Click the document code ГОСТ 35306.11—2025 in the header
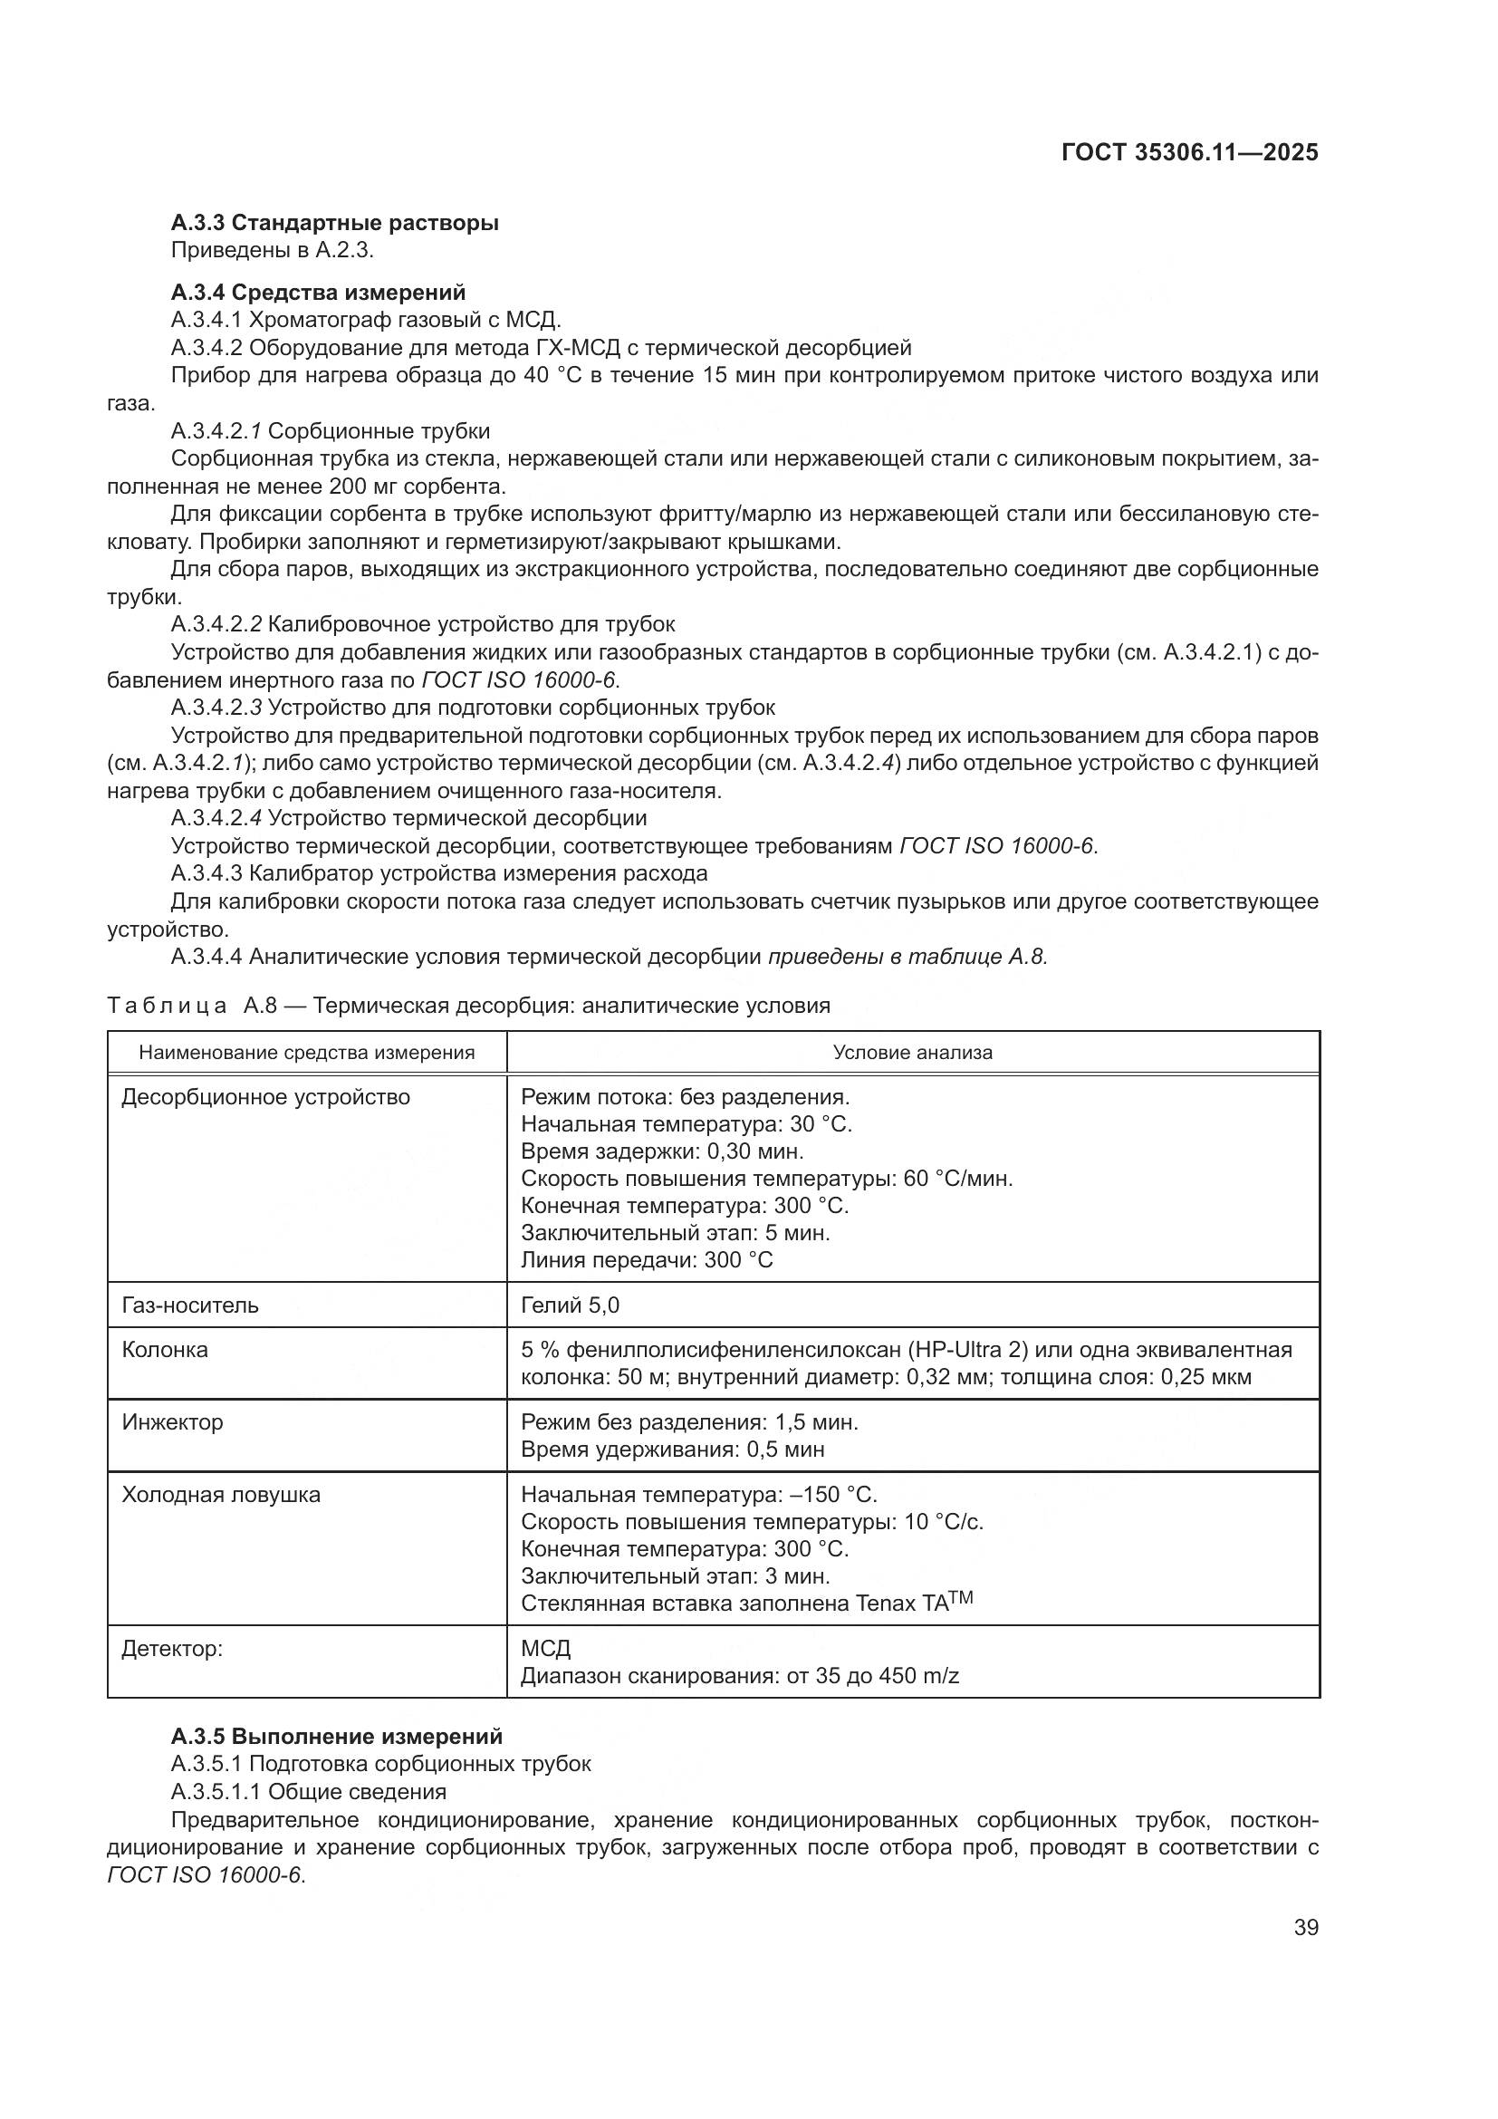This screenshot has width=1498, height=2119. pos(1189,152)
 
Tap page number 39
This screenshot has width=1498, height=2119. pos(1305,1927)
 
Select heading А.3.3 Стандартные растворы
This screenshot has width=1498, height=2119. pos(335,223)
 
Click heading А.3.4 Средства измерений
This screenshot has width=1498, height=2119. pos(318,292)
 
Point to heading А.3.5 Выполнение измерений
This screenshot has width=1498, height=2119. pos(337,1736)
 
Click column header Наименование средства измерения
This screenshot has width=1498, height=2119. pos(306,1052)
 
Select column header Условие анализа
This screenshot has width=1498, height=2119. pos(912,1052)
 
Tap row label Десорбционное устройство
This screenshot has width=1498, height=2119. pos(265,1096)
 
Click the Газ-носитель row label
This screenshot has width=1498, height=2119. pos(190,1305)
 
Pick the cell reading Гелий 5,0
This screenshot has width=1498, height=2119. pos(570,1305)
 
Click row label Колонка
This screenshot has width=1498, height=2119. pos(165,1349)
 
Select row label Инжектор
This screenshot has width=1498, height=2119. pos(172,1421)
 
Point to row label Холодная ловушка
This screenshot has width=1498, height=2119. pos(221,1494)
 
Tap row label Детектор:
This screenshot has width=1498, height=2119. pos(172,1648)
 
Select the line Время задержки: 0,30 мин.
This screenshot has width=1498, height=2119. pos(662,1151)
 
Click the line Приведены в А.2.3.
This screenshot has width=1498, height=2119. pos(272,249)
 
